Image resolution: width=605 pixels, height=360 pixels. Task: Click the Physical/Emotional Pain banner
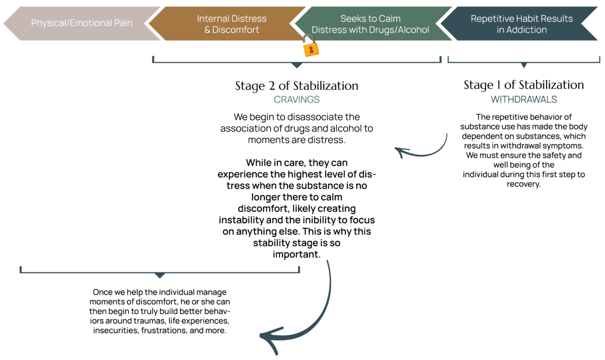tap(82, 23)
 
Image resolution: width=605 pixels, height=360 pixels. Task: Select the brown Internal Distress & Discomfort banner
tap(231, 24)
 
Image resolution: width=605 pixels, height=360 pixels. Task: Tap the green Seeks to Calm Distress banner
tap(370, 24)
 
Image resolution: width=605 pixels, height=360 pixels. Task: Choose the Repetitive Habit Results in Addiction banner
tap(521, 24)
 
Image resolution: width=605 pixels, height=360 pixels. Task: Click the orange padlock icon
tap(310, 47)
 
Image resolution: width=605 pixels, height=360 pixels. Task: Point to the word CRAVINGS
tap(296, 99)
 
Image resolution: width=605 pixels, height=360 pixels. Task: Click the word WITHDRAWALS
tap(524, 99)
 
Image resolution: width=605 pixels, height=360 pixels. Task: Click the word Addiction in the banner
tap(526, 30)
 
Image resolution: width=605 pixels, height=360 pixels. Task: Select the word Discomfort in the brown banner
tap(236, 30)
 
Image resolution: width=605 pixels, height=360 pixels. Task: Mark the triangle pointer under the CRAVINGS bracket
tap(297, 66)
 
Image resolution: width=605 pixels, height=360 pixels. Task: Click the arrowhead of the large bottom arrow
tap(267, 337)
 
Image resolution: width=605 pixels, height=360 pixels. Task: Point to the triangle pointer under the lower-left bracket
tap(160, 276)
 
